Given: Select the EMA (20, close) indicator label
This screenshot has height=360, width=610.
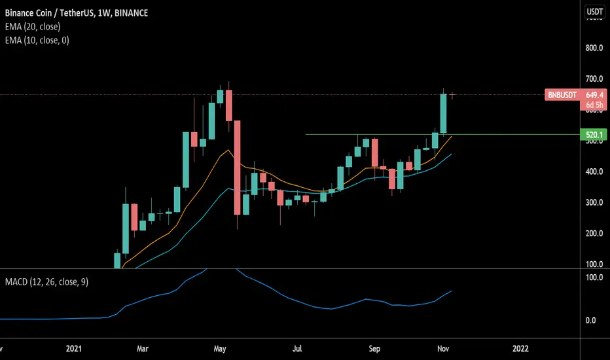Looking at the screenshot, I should (x=33, y=26).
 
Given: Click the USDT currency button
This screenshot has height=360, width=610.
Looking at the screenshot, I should (x=594, y=11).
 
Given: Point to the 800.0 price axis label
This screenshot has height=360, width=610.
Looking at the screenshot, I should (x=594, y=48).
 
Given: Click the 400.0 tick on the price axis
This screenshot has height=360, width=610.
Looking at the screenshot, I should (x=594, y=171).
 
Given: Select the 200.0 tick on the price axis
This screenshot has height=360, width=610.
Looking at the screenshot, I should (x=594, y=234).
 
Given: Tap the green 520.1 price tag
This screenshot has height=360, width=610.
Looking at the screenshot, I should (x=594, y=135).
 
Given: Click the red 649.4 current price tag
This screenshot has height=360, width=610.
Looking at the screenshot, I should (x=594, y=94).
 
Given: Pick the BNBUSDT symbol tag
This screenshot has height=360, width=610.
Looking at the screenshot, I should (x=562, y=95).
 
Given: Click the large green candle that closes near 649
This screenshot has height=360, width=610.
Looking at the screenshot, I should (x=443, y=114).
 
